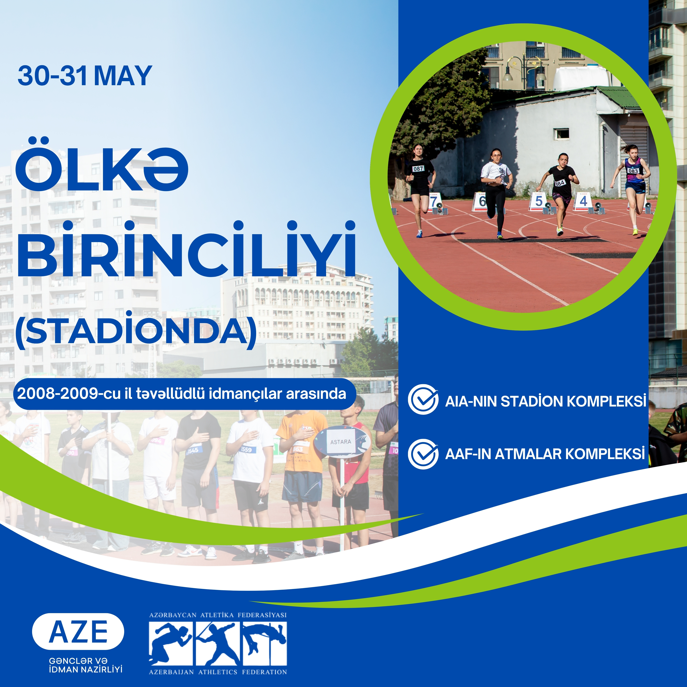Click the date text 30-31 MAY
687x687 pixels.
click(x=85, y=76)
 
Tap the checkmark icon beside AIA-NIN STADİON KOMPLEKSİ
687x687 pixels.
click(x=423, y=400)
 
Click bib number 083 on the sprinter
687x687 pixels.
click(x=633, y=171)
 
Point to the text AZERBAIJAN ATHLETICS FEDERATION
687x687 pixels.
click(x=218, y=672)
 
